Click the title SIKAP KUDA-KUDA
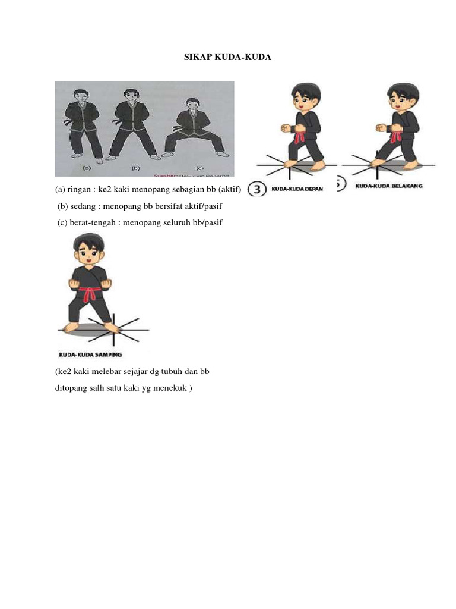pyautogui.click(x=228, y=57)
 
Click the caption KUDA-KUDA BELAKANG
pyautogui.click(x=389, y=186)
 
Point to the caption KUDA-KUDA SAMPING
pyautogui.click(x=90, y=354)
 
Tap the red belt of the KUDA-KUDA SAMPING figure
pyautogui.click(x=90, y=293)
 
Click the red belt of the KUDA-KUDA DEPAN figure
pyautogui.click(x=300, y=136)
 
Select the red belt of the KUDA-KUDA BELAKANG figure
pyautogui.click(x=394, y=137)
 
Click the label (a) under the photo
pyautogui.click(x=87, y=168)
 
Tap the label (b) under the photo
pyautogui.click(x=135, y=168)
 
